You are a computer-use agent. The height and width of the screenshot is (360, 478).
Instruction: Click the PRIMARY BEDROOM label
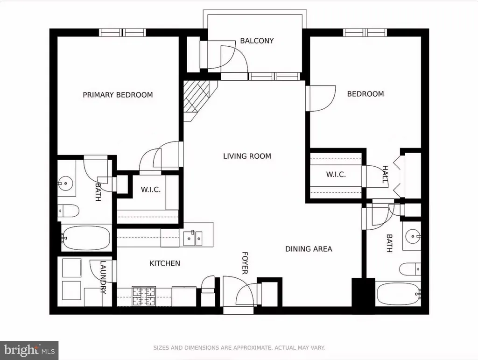(118, 95)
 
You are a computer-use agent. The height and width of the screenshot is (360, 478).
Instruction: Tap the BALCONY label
(257, 41)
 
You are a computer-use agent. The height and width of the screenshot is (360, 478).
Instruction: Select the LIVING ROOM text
(247, 156)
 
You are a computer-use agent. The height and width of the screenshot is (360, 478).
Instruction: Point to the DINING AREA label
(309, 249)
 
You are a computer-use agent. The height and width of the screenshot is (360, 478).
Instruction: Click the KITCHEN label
(165, 263)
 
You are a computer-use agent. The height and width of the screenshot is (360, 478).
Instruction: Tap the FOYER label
(245, 263)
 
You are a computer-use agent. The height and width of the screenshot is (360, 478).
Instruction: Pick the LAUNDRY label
(103, 277)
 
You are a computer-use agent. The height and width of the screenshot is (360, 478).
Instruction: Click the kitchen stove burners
(144, 296)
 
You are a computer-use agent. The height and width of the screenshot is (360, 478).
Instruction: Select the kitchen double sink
(193, 239)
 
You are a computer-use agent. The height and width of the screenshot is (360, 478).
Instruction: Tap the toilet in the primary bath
(69, 210)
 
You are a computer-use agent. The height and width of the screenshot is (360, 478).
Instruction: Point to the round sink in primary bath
(65, 183)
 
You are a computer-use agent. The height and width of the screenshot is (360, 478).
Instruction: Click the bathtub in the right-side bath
(398, 294)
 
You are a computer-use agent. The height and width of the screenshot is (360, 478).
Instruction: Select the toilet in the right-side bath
(410, 269)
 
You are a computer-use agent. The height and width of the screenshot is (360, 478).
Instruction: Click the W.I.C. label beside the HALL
(336, 175)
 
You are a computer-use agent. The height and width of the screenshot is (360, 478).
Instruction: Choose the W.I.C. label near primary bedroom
(151, 190)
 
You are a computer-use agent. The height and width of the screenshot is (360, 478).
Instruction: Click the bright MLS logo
(29, 350)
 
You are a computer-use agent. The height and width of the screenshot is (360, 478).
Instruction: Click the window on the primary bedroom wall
(122, 32)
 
